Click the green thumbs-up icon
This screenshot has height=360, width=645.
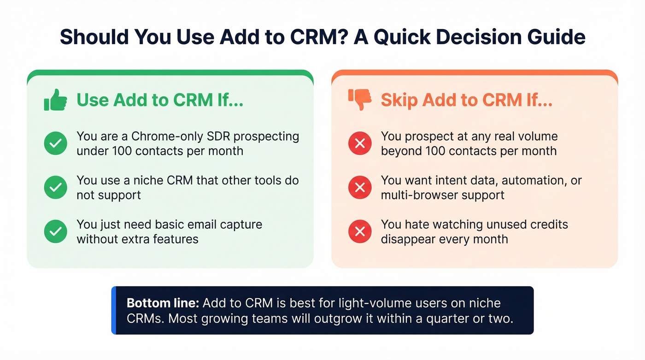[55, 100]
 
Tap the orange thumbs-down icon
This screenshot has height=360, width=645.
[360, 99]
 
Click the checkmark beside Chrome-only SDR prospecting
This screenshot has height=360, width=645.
[56, 143]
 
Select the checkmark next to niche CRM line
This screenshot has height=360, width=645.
[56, 187]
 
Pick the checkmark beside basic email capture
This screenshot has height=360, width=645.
[56, 231]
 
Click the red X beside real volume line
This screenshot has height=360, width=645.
[360, 143]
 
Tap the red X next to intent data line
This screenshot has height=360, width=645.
[360, 187]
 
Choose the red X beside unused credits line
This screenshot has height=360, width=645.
[360, 231]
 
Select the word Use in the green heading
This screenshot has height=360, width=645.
[92, 100]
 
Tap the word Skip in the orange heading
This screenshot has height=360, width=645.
[399, 100]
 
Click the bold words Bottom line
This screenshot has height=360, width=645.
[163, 303]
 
